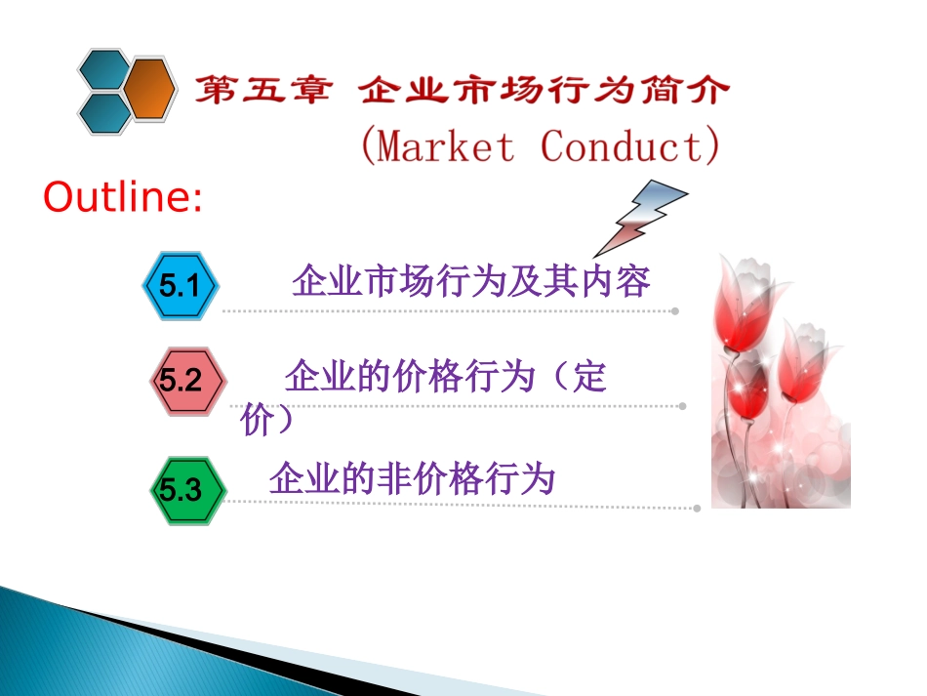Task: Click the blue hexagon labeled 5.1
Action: coord(181,287)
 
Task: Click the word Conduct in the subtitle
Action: coord(621,147)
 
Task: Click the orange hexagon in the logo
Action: coord(149,89)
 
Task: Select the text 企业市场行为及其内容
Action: coord(470,282)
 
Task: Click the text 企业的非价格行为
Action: coord(412,479)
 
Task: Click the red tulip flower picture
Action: coord(780,381)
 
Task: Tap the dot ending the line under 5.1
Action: coord(674,311)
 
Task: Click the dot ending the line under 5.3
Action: coord(697,508)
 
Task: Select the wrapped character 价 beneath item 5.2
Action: coord(254,422)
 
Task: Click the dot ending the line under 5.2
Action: coord(682,406)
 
